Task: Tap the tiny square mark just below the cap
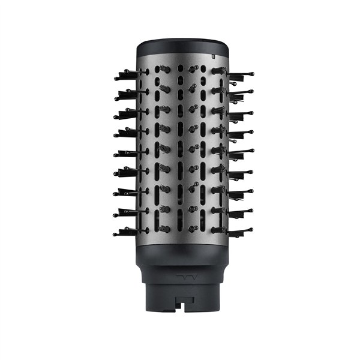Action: pyautogui.click(x=213, y=55)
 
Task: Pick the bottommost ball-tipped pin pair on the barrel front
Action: pyautogui.click(x=193, y=229)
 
